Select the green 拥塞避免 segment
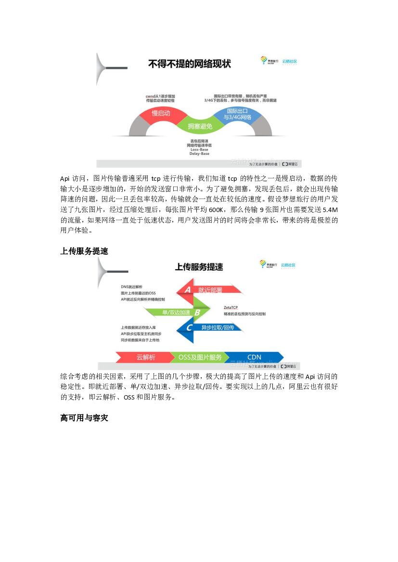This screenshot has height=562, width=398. coord(199,126)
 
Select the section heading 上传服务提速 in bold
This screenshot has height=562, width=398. coord(84,251)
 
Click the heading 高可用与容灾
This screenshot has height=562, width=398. coord(84,418)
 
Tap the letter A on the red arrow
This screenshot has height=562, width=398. coord(188,289)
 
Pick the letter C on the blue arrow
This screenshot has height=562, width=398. coord(189,328)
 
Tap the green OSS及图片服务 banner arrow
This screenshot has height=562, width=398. coord(200,357)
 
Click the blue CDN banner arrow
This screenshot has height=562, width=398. coord(254,357)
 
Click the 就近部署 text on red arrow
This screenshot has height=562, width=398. coord(210,290)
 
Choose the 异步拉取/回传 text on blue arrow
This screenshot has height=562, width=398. coord(218,328)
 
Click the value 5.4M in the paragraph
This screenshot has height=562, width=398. coord(330,210)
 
